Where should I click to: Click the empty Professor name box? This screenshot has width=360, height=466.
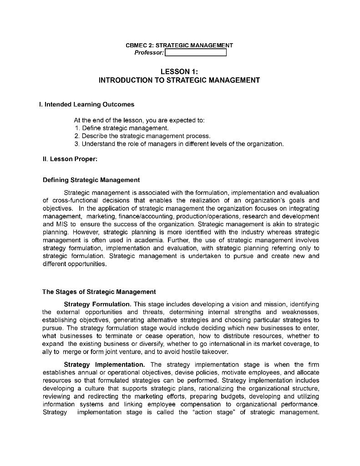coord(195,53)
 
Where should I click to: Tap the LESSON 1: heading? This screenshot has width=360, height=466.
coord(179,71)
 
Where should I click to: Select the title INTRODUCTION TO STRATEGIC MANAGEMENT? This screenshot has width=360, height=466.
coord(179,80)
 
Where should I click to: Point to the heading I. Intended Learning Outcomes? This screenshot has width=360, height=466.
coord(87,104)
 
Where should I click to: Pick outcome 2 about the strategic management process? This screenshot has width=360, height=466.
coord(142,136)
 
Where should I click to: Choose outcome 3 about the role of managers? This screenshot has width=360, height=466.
coord(179,144)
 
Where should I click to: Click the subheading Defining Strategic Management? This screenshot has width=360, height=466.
coord(91,180)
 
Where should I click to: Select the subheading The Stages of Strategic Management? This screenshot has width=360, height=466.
coord(99,292)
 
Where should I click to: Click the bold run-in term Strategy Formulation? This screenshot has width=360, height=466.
coord(97,304)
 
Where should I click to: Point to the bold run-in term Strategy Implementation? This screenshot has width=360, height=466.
coord(104,365)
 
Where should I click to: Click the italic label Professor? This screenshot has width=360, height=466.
coord(149,53)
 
